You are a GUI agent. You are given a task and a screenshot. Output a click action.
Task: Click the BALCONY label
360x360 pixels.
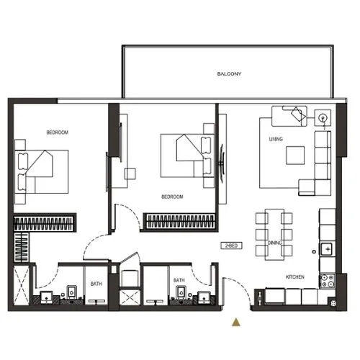click(x=229, y=74)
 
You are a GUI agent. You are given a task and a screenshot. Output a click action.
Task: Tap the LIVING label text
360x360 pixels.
click(x=275, y=139)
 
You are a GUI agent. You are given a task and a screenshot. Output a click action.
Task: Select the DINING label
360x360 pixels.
click(x=274, y=243)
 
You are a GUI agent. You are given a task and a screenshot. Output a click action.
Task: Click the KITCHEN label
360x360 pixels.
click(x=294, y=277)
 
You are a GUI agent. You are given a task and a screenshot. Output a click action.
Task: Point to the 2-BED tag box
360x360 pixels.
click(x=231, y=246)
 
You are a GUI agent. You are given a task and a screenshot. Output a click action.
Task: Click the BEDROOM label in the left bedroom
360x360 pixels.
click(x=57, y=132)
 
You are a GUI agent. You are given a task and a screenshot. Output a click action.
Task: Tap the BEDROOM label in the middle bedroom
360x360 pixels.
click(x=171, y=197)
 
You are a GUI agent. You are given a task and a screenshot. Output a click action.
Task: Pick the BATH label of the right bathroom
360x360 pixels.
click(x=179, y=280)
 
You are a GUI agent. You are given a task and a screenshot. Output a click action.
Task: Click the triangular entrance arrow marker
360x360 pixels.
click(x=235, y=322)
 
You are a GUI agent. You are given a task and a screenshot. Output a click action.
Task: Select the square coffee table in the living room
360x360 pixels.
click(x=295, y=156)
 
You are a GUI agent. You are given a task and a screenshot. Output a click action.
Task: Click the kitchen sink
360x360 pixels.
click(x=327, y=249)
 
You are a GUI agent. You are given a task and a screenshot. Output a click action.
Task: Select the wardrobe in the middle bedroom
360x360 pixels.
click(x=180, y=221)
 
